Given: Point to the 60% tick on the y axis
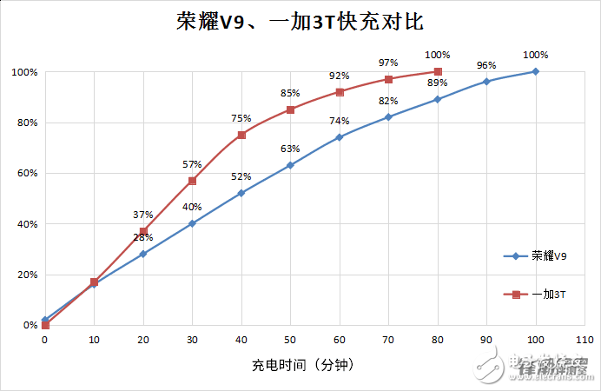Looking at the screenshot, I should tap(26, 173).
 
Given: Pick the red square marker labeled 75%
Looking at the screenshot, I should tap(241, 135).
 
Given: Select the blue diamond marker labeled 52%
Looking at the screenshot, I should tap(241, 193).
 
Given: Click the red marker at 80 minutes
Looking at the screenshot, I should tap(438, 71).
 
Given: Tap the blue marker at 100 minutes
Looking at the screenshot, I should tap(536, 71).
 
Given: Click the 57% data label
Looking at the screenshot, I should tap(192, 164).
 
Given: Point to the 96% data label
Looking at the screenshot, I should tap(486, 66).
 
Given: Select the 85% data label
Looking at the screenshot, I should tap(290, 93).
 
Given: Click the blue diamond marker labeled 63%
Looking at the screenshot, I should tap(290, 165).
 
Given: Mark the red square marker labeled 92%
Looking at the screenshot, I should tap(340, 92).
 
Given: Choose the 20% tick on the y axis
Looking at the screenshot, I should tap(26, 275).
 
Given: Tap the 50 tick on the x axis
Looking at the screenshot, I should tap(290, 341).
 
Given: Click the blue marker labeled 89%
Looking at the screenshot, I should tap(438, 99).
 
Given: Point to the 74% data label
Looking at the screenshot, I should tap(339, 121).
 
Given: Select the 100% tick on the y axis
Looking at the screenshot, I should tap(23, 72).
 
